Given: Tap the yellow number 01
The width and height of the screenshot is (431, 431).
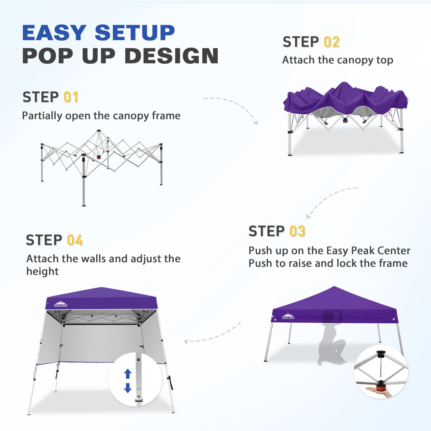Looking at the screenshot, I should (x=71, y=97).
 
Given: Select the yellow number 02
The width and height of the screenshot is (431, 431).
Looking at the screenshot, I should (x=332, y=42).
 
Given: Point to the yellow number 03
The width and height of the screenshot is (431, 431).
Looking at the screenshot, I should (x=297, y=231).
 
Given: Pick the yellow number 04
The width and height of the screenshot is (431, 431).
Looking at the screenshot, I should (x=75, y=240).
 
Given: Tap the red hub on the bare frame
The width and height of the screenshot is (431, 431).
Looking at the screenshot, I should (x=99, y=157).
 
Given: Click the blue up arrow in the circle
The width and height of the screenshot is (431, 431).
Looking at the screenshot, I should (x=128, y=374).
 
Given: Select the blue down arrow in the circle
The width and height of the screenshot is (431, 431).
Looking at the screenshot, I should (x=128, y=388).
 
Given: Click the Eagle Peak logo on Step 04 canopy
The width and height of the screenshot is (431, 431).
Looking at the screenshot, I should (x=60, y=304).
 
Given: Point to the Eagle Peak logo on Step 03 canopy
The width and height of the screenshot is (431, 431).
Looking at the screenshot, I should (x=288, y=316).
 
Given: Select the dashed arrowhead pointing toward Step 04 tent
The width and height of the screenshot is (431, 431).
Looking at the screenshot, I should (x=186, y=342).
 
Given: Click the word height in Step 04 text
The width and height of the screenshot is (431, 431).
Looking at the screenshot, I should (x=42, y=272).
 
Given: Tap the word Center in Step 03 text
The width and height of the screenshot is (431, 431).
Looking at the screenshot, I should (x=394, y=251).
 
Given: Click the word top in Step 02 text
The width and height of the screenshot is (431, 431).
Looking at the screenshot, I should (x=385, y=60).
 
